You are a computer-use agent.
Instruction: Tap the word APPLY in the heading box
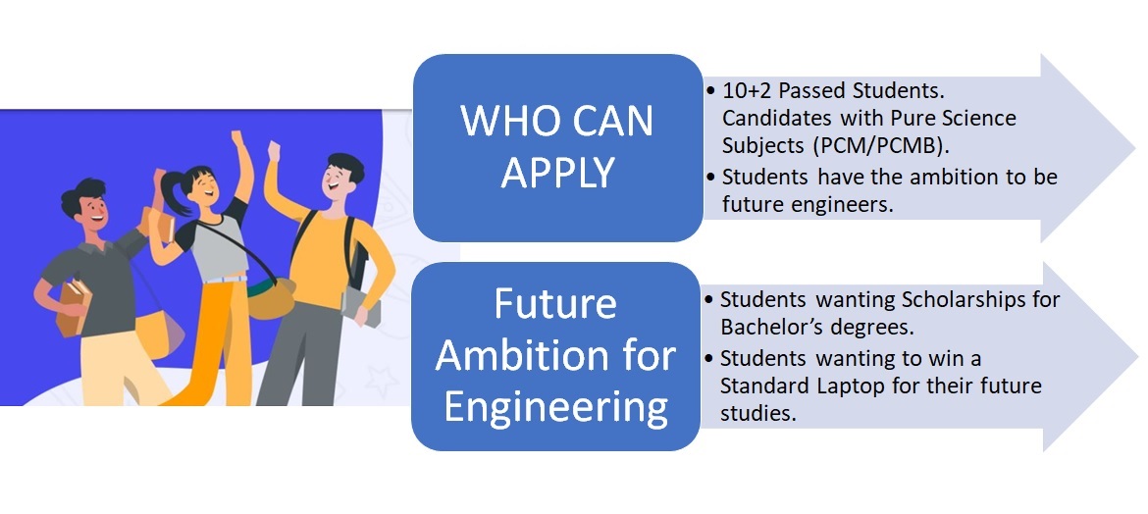[557, 173]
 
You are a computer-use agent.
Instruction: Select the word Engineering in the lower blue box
[555, 407]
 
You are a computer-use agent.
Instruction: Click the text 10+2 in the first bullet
[748, 91]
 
